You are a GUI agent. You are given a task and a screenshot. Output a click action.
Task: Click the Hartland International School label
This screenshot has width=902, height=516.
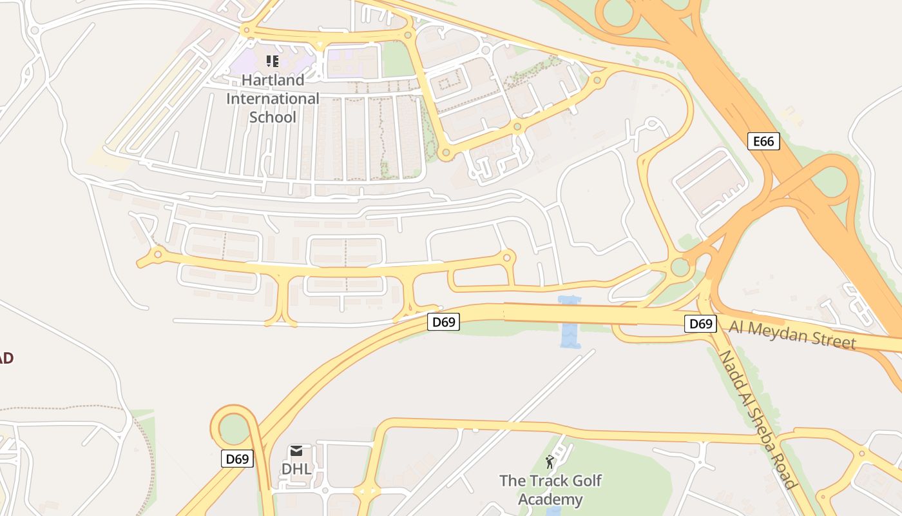tap(273, 99)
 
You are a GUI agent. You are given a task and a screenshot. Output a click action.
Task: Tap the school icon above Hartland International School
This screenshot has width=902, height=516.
tap(273, 61)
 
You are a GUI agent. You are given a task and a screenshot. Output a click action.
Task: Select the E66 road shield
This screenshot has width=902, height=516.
tap(763, 141)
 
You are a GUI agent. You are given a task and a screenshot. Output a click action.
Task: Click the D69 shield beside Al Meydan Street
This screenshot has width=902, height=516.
tap(700, 324)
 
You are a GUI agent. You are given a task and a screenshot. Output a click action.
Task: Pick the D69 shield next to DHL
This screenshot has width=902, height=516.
tap(237, 459)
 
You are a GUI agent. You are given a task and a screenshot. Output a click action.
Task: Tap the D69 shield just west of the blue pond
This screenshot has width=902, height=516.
tap(443, 322)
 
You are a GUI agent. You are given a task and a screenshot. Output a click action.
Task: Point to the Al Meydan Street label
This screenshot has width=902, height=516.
tap(792, 335)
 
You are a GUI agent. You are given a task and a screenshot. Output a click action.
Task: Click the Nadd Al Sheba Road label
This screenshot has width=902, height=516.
tap(758, 420)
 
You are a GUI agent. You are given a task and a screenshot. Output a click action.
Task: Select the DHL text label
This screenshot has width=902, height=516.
tap(296, 469)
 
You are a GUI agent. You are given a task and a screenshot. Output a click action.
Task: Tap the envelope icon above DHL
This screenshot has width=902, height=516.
tap(296, 450)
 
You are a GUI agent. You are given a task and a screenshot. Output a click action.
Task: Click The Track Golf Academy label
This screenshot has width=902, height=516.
tap(550, 490)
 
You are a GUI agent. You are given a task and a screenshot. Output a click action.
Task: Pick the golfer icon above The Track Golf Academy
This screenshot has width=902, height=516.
tap(550, 462)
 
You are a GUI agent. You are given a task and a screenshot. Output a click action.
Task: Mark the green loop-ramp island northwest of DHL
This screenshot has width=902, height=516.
tap(234, 429)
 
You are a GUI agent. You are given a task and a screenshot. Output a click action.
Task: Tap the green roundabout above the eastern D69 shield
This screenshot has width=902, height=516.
tap(680, 266)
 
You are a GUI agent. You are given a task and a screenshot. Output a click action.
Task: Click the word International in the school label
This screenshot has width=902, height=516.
tap(273, 99)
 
